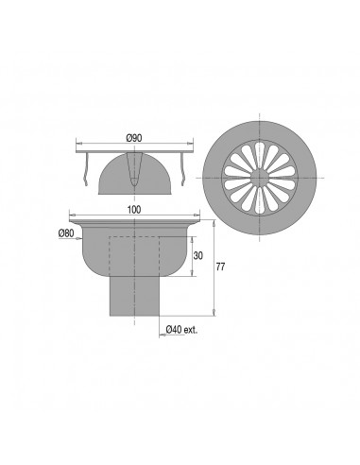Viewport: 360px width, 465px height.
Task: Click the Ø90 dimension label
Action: (134, 138)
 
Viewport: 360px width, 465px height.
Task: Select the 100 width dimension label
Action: (135, 210)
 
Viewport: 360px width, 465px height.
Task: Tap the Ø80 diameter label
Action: (66, 233)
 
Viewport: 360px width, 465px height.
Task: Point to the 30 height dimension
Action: (198, 256)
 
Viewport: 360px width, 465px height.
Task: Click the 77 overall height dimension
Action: (220, 267)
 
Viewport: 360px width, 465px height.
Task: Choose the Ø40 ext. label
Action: (181, 330)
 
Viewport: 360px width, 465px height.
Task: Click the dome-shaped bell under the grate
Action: (135, 174)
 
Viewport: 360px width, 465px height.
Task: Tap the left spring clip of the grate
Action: (85, 169)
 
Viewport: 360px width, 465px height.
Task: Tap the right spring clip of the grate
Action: (182, 169)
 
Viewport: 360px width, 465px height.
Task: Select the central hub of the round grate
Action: (260, 178)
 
